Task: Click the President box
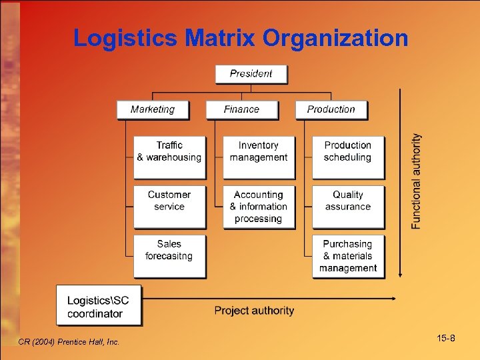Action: [x=251, y=74]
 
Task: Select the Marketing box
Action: [x=153, y=109]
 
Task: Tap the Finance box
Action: [x=242, y=109]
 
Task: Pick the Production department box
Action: [x=331, y=109]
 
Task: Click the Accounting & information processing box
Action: [x=258, y=207]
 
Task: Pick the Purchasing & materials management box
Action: [x=347, y=256]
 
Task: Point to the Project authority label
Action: [x=254, y=310]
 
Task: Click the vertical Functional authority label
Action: [x=417, y=181]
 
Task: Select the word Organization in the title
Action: [x=335, y=38]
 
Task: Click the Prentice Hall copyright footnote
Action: [x=70, y=342]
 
